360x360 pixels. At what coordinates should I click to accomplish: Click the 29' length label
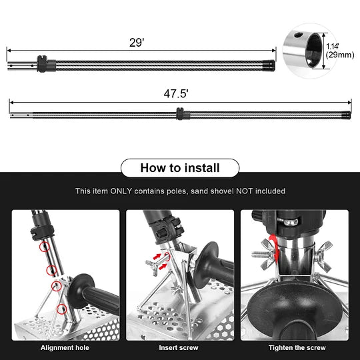pyautogui.click(x=137, y=42)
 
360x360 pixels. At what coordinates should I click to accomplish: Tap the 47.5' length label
pyautogui.click(x=176, y=94)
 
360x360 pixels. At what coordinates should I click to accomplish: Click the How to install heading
pyautogui.click(x=179, y=167)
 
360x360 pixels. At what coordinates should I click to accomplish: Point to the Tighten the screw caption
pyautogui.click(x=297, y=347)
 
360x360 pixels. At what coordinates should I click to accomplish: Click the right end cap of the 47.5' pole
pyautogui.click(x=346, y=115)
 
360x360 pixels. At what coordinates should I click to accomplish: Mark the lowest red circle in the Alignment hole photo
pyautogui.click(x=62, y=309)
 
